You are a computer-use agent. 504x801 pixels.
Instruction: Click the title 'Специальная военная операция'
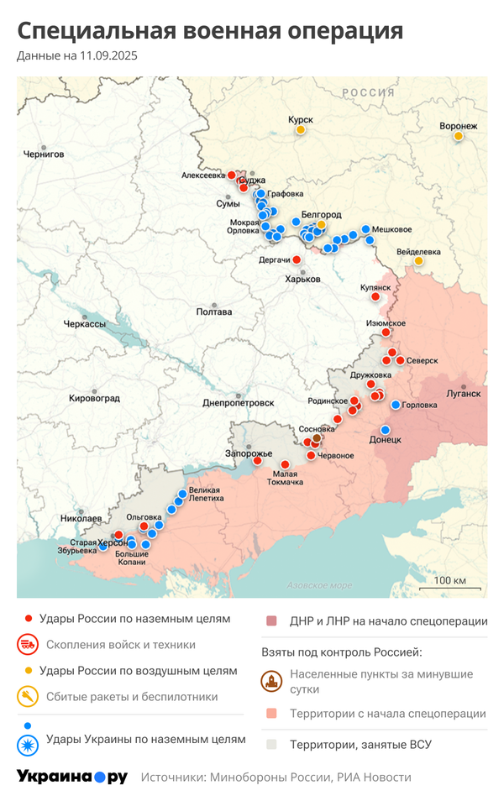210,31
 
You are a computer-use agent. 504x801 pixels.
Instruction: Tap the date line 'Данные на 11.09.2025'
76,56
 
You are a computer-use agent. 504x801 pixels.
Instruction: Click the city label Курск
300,120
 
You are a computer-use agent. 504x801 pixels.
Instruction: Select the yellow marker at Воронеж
459,136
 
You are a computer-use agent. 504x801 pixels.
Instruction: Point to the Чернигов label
44,154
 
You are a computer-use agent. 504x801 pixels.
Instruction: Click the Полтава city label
213,312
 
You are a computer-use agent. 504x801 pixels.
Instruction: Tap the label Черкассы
85,324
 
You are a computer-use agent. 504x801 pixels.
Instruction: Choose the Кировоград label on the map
94,398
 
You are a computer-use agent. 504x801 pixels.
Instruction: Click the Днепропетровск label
239,403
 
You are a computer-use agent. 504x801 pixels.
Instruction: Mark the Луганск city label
463,393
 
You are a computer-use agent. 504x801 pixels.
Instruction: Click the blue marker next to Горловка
396,405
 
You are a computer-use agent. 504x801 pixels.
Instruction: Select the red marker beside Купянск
376,296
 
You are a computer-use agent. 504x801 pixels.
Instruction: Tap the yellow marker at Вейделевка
418,261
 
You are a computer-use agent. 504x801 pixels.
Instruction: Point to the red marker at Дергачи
296,260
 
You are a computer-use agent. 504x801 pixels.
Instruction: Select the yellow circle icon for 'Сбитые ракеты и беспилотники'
28,696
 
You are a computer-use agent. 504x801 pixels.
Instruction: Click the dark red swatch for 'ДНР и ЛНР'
271,621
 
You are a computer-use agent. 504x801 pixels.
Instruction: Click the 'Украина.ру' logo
72,777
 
